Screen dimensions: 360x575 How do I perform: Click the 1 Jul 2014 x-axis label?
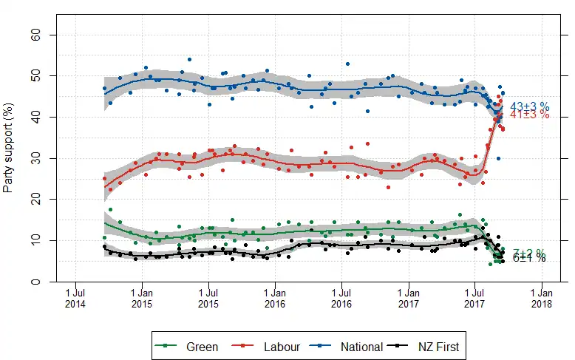pyautogui.click(x=75, y=298)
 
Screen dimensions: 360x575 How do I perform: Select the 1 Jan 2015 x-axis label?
pyautogui.click(x=141, y=298)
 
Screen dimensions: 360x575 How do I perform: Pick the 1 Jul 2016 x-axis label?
pyautogui.click(x=341, y=298)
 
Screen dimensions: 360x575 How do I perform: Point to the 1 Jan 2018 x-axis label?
pyautogui.click(x=541, y=298)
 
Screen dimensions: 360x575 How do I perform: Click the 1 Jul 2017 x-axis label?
pyautogui.click(x=474, y=298)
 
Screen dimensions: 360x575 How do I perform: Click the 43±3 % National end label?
pyautogui.click(x=530, y=107)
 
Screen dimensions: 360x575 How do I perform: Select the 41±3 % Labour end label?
pyautogui.click(x=530, y=115)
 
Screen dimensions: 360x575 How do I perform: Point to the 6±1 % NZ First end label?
pyautogui.click(x=529, y=258)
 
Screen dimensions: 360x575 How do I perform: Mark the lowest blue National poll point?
pyautogui.click(x=499, y=158)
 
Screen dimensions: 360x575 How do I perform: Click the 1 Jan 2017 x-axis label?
pyautogui.click(x=407, y=298)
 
